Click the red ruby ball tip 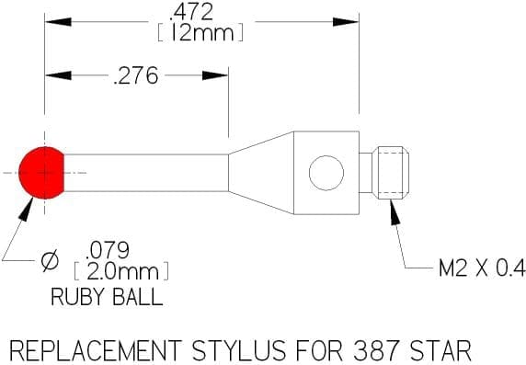(41, 173)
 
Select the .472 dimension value (191, 12)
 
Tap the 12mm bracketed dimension (200, 32)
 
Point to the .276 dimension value (136, 75)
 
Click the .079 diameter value (108, 250)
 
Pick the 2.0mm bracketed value (121, 271)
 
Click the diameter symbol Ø (50, 260)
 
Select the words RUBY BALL (107, 297)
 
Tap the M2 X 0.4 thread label (482, 268)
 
